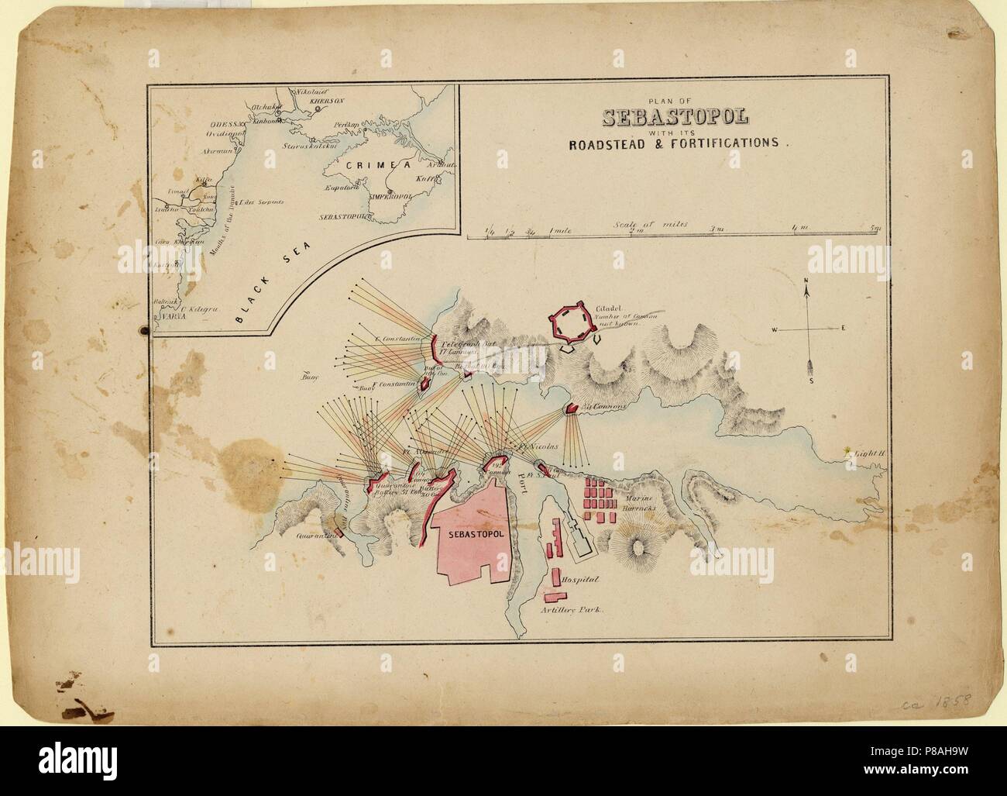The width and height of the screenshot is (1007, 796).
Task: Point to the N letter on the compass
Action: [806, 281]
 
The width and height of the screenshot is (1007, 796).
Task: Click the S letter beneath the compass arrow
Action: [810, 381]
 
